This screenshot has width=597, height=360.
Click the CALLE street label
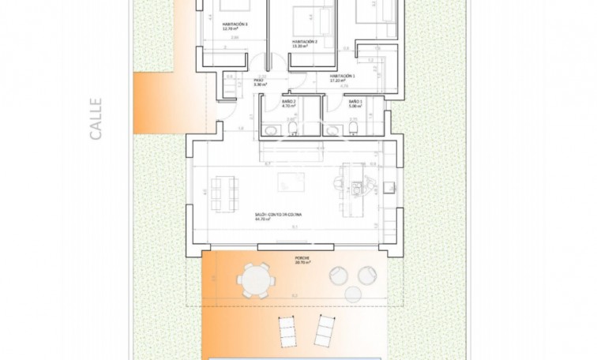coord(96,118)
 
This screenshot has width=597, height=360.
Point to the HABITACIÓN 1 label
coord(342,77)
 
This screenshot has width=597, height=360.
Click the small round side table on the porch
coord(365,275)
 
